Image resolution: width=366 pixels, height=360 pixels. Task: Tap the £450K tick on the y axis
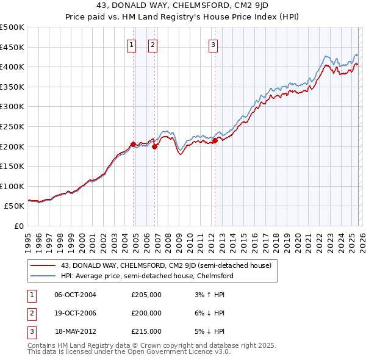pyautogui.click(x=12, y=47)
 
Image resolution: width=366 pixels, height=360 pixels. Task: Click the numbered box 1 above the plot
pyautogui.click(x=132, y=44)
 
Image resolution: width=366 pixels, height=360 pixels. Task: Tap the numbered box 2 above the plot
pyautogui.click(x=152, y=44)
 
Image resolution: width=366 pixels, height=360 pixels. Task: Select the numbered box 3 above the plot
pyautogui.click(x=213, y=44)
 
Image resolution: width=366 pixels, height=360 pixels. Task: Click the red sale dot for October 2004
pyautogui.click(x=133, y=144)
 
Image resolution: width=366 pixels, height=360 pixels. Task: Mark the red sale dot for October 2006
pyautogui.click(x=155, y=146)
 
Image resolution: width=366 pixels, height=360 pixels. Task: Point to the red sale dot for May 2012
pyautogui.click(x=215, y=140)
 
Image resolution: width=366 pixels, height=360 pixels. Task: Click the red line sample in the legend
pyautogui.click(x=44, y=265)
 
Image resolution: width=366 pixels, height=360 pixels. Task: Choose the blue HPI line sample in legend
pyautogui.click(x=44, y=276)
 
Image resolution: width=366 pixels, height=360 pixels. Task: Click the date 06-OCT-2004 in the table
pyautogui.click(x=75, y=295)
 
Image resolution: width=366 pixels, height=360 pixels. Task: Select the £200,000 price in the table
pyautogui.click(x=146, y=313)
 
